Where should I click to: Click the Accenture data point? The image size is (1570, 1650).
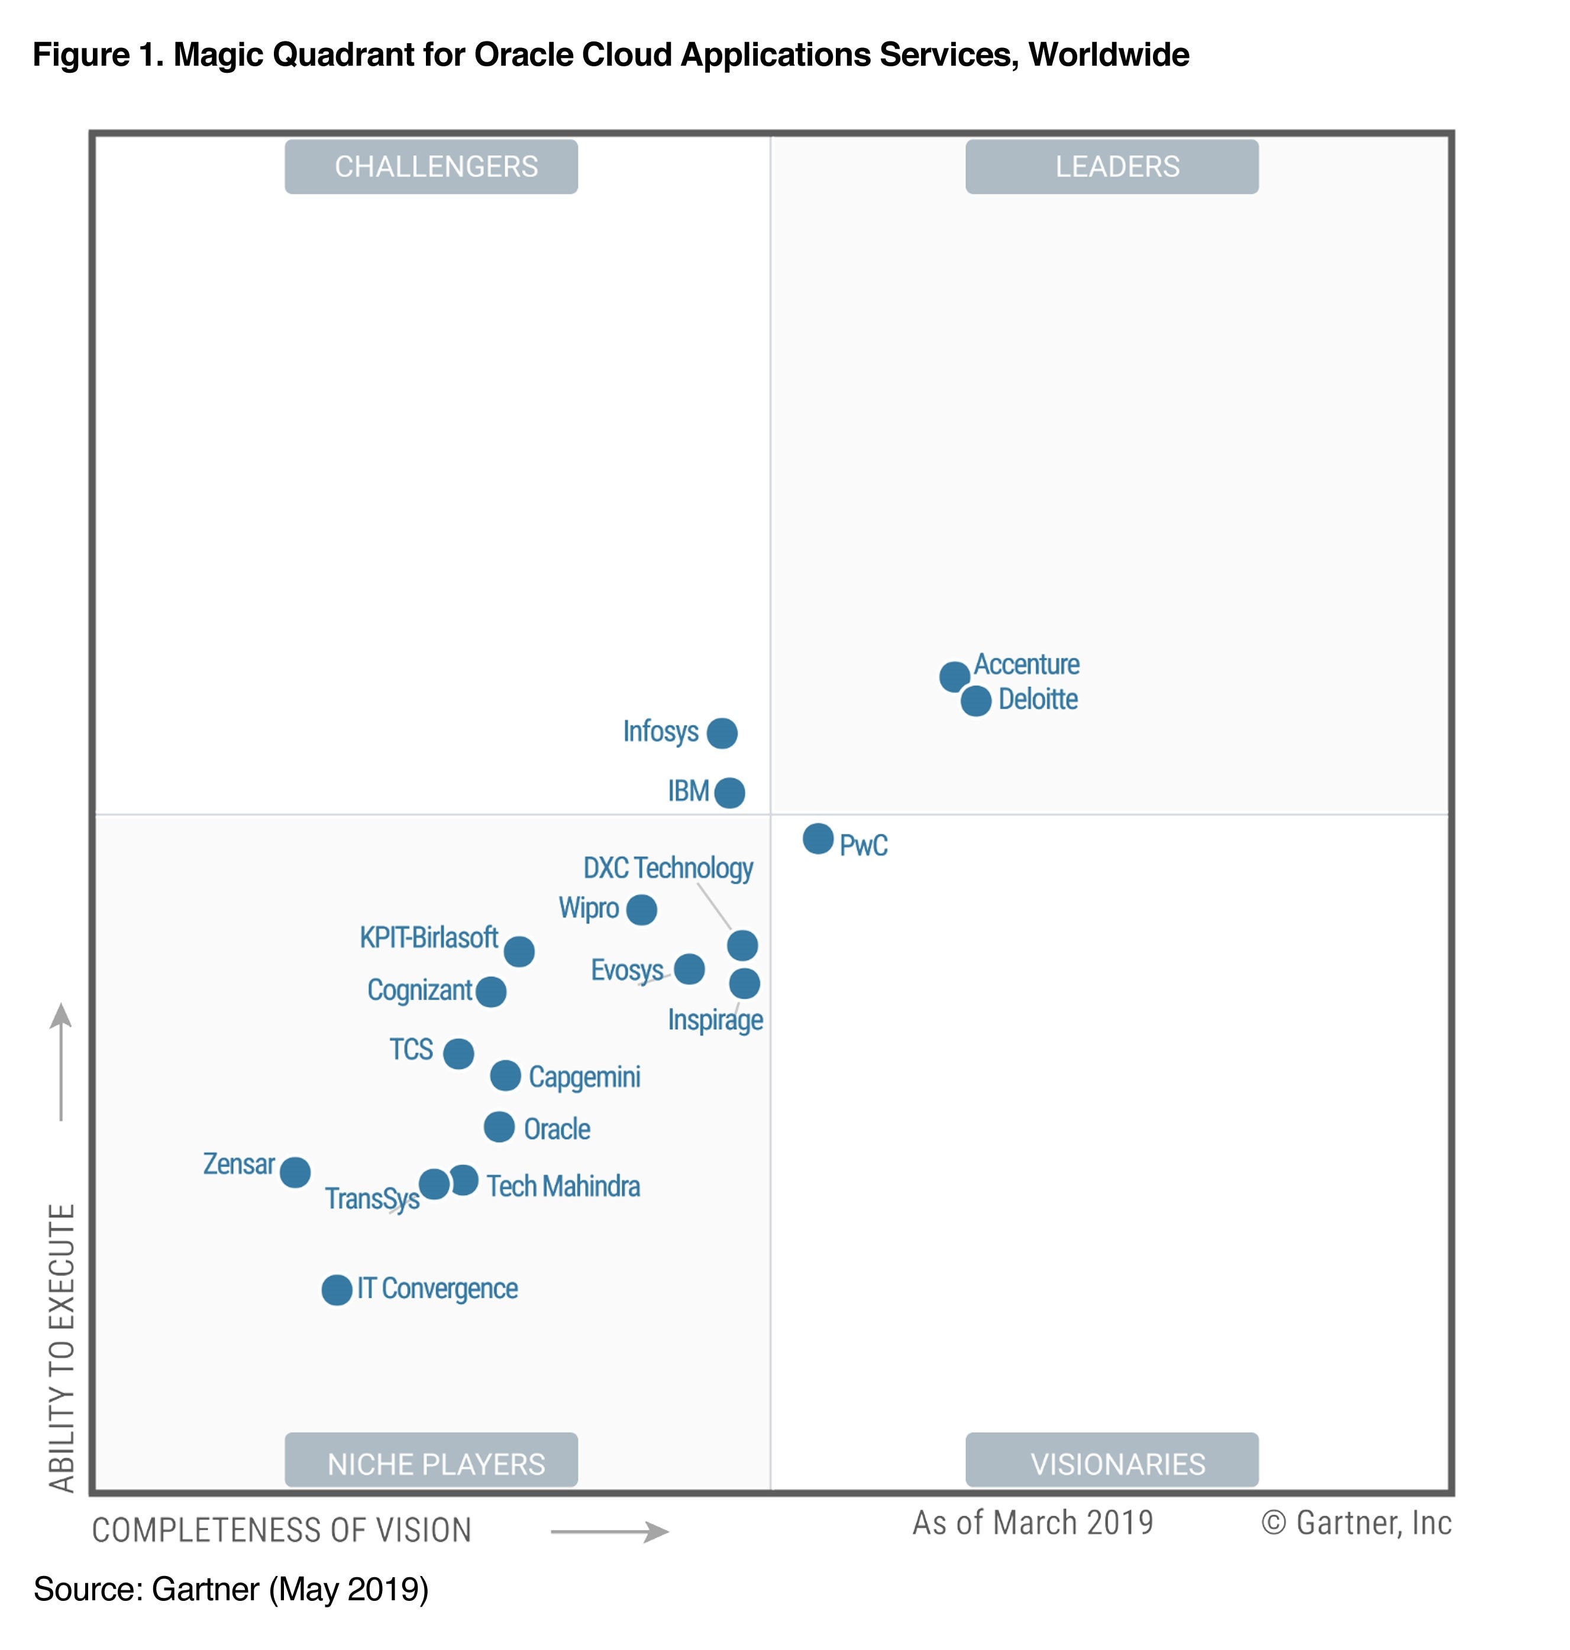[954, 676]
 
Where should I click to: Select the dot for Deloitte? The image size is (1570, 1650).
[976, 701]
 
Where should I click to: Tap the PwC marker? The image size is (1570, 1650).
[818, 838]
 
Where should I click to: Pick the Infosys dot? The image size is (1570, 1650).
[721, 733]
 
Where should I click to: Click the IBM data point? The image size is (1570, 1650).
[730, 792]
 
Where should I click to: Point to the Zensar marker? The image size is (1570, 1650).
[295, 1172]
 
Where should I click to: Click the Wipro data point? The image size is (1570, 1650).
[641, 909]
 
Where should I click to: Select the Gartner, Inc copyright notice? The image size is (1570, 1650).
[1356, 1523]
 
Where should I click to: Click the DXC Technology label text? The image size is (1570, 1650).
[668, 868]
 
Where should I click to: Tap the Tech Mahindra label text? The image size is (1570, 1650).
[563, 1186]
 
